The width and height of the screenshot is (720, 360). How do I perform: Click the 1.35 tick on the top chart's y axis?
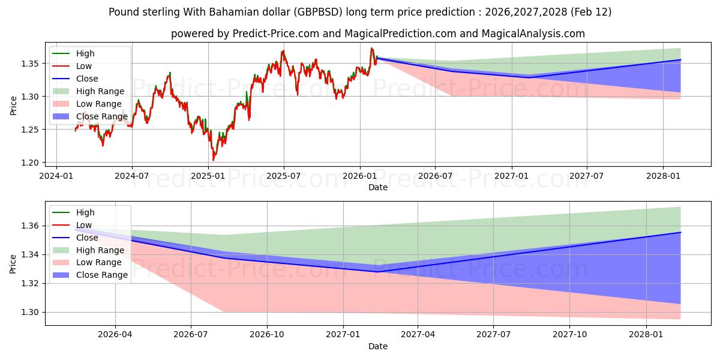coord(32,64)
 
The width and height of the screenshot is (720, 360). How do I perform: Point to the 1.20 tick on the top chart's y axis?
coord(32,163)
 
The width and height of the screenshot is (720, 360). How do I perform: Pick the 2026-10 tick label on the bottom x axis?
coord(267,334)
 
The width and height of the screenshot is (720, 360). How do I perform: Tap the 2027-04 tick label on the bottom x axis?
coord(418,334)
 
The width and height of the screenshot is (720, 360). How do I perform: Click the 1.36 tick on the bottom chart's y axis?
coord(32,226)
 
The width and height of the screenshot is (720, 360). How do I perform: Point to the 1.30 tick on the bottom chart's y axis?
coord(32,312)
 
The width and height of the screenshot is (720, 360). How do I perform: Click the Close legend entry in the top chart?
coord(87,79)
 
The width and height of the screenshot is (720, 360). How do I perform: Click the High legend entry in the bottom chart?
coord(85,212)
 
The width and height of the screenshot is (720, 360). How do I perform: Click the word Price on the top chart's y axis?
coord(14,106)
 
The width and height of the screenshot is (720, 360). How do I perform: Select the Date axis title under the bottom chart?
coord(378,346)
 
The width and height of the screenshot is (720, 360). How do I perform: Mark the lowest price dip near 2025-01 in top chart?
coord(213,160)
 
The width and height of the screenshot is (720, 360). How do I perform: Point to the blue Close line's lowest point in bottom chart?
coord(377,272)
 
